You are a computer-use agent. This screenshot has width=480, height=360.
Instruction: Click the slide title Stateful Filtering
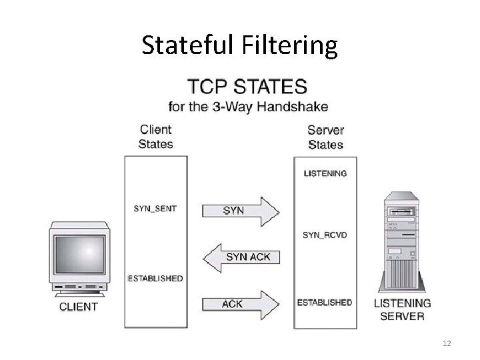(x=240, y=45)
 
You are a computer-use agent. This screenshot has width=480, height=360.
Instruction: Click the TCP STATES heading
(x=248, y=87)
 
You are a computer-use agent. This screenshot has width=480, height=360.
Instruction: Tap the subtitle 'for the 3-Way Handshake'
(x=248, y=106)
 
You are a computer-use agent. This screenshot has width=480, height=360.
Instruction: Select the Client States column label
(x=155, y=136)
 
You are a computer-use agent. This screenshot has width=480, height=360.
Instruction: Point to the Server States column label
(x=325, y=137)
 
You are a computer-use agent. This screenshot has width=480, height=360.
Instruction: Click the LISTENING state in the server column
(x=325, y=173)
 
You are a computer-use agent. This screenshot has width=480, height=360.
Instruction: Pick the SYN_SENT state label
(x=155, y=209)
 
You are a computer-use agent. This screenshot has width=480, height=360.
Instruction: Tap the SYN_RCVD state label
(x=325, y=235)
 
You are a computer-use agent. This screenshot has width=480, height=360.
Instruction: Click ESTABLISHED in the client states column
(x=155, y=278)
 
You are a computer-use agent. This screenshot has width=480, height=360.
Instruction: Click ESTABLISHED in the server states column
(x=325, y=303)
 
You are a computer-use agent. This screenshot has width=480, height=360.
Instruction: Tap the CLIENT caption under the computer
(x=79, y=307)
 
